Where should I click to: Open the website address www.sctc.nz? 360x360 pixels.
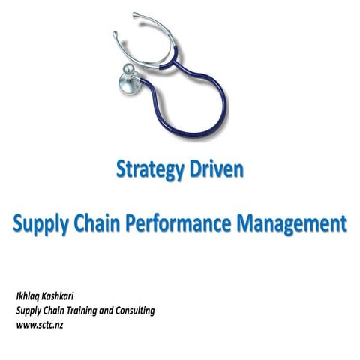point(43,325)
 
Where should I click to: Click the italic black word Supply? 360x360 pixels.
point(31,310)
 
